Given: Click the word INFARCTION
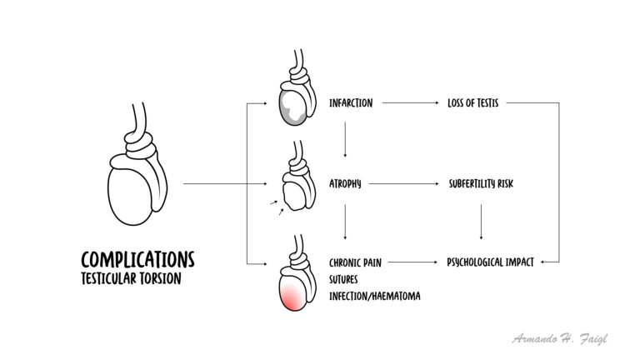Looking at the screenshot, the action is point(351,102).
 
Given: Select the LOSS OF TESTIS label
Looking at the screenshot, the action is point(472,102).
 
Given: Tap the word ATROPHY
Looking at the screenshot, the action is point(345,183).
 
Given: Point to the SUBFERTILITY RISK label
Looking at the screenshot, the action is point(481,183).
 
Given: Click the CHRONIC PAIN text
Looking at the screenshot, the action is point(355,262).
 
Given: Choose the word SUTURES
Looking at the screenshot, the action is point(343,280).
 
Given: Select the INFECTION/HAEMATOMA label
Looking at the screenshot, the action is point(375,296).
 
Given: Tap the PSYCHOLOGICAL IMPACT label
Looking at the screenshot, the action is point(490,262).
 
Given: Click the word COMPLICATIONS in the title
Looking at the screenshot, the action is point(137,260).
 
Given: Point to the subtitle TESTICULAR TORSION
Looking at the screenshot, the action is point(131,279).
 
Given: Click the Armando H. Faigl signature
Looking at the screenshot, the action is point(560,339).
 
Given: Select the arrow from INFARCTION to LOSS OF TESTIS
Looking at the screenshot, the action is point(410,102).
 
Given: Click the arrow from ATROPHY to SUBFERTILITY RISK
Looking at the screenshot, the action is point(403,183).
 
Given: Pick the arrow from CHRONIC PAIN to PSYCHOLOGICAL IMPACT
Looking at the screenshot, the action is point(412,262).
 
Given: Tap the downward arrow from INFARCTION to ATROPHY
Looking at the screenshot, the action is point(345,139).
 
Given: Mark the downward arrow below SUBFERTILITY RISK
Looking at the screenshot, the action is point(481,222).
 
